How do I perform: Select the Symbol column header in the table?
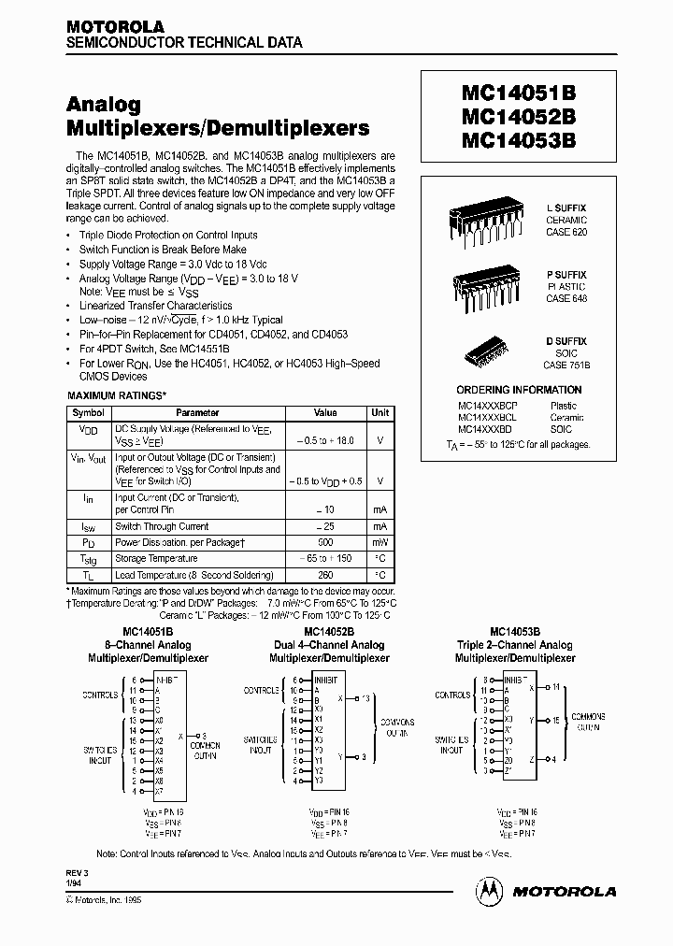point(89,412)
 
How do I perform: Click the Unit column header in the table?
point(380,412)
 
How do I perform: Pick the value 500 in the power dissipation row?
point(324,542)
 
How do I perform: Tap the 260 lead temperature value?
point(324,575)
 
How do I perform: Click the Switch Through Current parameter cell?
point(162,526)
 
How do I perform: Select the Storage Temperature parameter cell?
point(156,559)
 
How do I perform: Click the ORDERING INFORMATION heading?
point(519,390)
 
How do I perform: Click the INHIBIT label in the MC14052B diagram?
point(326,680)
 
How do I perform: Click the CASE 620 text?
point(566,231)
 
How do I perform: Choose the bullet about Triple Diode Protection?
point(168,235)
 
